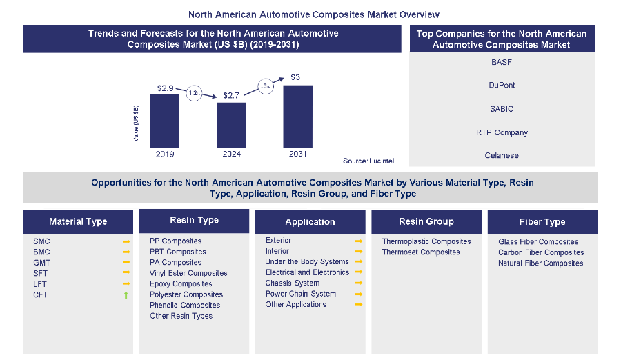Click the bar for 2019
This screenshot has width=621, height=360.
pos(165,120)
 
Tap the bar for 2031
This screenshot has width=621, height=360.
pos(297,116)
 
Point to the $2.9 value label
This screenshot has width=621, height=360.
pos(165,88)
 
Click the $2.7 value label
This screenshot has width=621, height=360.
pos(231,96)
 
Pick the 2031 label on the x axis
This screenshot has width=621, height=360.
pos(297,154)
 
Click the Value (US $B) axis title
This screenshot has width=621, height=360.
pos(136,123)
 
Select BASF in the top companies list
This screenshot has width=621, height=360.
pos(502,62)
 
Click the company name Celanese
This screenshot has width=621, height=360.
pos(502,156)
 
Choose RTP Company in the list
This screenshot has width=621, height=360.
pos(502,132)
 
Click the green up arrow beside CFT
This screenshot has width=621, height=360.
pos(126,295)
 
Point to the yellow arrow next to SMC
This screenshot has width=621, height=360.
pos(126,242)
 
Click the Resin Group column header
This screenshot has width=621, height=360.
pos(426,221)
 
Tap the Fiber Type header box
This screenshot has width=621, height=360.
pos(542,222)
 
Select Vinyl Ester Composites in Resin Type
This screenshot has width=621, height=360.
pos(188,273)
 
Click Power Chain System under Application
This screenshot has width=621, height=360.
pos(300,294)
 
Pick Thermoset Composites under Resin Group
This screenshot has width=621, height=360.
pos(421,252)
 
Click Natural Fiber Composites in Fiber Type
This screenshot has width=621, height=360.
pos(541,263)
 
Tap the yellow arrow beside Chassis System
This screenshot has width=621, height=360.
pos(358,283)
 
